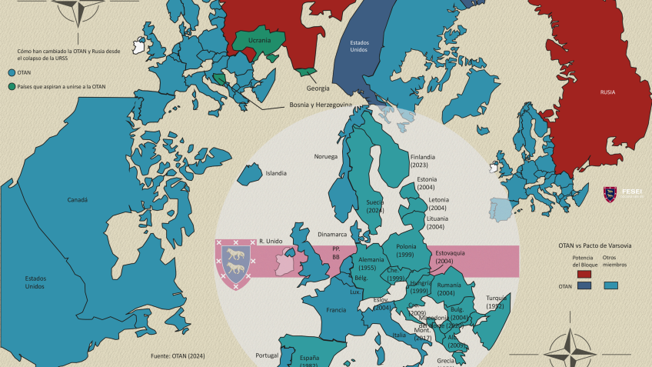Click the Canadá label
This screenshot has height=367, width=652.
pyautogui.click(x=78, y=199)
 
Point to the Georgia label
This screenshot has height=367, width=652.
pyautogui.click(x=318, y=88)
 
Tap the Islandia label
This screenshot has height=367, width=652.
pyautogui.click(x=275, y=173)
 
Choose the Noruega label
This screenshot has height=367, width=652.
pyautogui.click(x=325, y=156)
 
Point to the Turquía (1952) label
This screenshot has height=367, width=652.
pyautogui.click(x=497, y=302)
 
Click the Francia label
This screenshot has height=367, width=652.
pyautogui.click(x=336, y=310)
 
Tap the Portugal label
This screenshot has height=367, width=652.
pyautogui.click(x=266, y=355)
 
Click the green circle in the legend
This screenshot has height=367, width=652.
pyautogui.click(x=11, y=86)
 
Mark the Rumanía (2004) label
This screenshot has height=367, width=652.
pyautogui.click(x=449, y=289)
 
